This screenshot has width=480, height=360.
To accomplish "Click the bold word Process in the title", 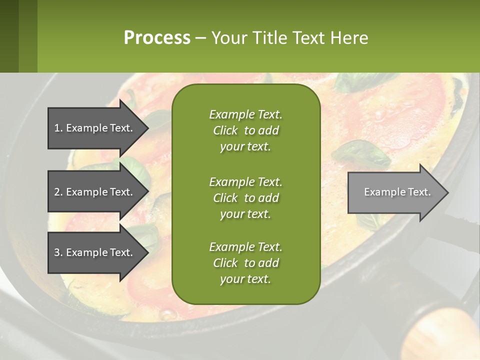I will coord(157,38).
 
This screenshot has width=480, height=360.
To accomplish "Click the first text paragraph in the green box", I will coord(245,130).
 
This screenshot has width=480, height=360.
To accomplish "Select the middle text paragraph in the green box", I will coord(245,197).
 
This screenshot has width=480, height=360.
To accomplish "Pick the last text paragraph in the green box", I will coord(245,263).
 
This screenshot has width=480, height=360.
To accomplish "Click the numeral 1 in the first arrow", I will coord(56,128).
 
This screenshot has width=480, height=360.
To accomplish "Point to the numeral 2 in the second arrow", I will coord(57,192).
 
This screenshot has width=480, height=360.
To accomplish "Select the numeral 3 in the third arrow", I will coord(57,252).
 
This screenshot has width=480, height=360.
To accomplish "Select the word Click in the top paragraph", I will coord(225,130).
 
